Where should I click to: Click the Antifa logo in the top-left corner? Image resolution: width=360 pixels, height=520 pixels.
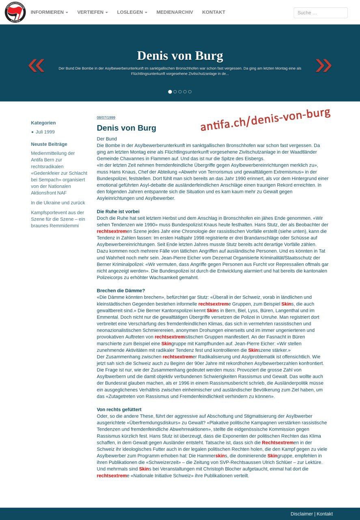pyautogui.click(x=15, y=12)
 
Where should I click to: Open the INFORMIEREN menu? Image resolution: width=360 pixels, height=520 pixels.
pyautogui.click(x=49, y=12)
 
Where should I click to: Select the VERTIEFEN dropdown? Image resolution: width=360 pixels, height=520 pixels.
pyautogui.click(x=93, y=12)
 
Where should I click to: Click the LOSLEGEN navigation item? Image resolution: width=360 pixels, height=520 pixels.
pyautogui.click(x=132, y=12)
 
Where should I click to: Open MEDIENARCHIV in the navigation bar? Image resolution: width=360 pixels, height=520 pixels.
pyautogui.click(x=175, y=12)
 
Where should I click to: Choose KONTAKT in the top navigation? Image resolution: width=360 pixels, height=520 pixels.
pyautogui.click(x=213, y=12)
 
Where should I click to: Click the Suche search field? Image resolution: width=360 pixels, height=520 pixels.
pyautogui.click(x=320, y=13)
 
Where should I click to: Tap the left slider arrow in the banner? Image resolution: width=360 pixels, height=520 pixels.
pyautogui.click(x=36, y=65)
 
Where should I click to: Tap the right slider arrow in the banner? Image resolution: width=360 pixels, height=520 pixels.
pyautogui.click(x=323, y=65)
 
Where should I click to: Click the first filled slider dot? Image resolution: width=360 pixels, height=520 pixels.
pyautogui.click(x=170, y=92)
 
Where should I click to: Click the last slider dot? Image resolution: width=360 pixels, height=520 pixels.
pyautogui.click(x=190, y=92)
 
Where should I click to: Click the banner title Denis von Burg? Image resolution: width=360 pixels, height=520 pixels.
pyautogui.click(x=180, y=56)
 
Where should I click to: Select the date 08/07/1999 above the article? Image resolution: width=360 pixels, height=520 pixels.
pyautogui.click(x=106, y=117)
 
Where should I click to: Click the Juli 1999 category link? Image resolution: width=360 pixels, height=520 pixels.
pyautogui.click(x=45, y=132)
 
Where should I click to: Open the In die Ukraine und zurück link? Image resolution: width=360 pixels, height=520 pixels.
pyautogui.click(x=58, y=203)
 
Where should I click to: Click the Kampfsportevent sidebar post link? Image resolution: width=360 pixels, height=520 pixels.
pyautogui.click(x=58, y=219)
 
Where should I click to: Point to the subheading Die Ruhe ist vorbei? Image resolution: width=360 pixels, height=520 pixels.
pyautogui.click(x=118, y=212)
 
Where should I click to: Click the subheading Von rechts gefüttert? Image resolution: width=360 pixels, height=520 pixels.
pyautogui.click(x=119, y=409)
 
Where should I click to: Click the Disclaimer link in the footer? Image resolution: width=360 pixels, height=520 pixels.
pyautogui.click(x=302, y=514)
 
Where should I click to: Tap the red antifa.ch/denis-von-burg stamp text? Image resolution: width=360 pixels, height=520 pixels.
pyautogui.click(x=265, y=120)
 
